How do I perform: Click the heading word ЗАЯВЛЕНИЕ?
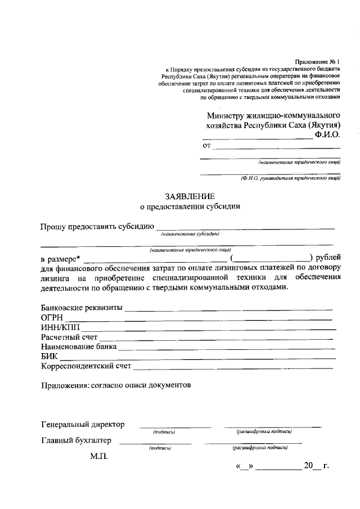[190, 196]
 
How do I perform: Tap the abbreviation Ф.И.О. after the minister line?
[327, 135]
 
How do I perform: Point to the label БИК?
[49, 356]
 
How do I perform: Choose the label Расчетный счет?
[69, 337]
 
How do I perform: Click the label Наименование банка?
[79, 346]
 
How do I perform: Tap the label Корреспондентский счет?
[86, 366]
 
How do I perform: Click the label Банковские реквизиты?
[82, 308]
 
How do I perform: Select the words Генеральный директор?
[83, 424]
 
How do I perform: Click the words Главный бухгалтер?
[76, 440]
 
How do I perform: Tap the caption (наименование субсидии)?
[190, 233]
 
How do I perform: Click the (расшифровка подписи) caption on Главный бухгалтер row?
[260, 448]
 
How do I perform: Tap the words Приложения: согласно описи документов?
[116, 385]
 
